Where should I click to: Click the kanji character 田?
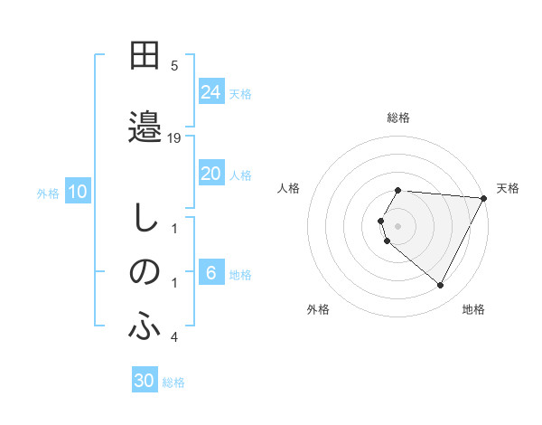[145, 58]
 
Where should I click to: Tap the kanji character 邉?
[145, 125]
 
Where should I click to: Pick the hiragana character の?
[145, 272]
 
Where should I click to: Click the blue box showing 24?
[210, 92]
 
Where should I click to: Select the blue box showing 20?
[210, 174]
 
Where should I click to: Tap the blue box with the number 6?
[210, 273]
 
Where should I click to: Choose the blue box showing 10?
[78, 192]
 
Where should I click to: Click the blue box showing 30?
[145, 381]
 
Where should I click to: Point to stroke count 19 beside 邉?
[174, 137]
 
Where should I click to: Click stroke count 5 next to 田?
[174, 65]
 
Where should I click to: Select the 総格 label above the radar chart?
[398, 118]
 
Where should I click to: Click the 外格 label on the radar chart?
[318, 309]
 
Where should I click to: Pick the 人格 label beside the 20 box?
[240, 175]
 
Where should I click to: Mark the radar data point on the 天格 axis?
[484, 198]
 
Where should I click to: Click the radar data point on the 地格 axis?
[441, 286]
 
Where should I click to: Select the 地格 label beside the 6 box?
[240, 274]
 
